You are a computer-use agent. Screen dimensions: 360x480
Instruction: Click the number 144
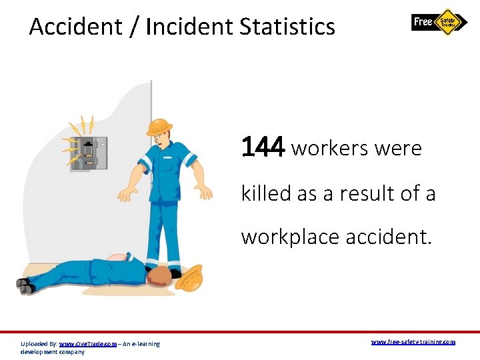pyautogui.click(x=263, y=147)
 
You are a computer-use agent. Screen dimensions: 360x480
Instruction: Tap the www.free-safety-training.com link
pyautogui.click(x=413, y=342)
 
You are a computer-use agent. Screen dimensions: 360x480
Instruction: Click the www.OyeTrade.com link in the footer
pyautogui.click(x=88, y=344)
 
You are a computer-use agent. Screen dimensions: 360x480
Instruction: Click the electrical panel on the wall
pyautogui.click(x=89, y=154)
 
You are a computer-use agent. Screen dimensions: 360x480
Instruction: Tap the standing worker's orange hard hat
pyautogui.click(x=160, y=125)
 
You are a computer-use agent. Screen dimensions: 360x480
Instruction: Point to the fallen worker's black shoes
pyautogui.click(x=25, y=285)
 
